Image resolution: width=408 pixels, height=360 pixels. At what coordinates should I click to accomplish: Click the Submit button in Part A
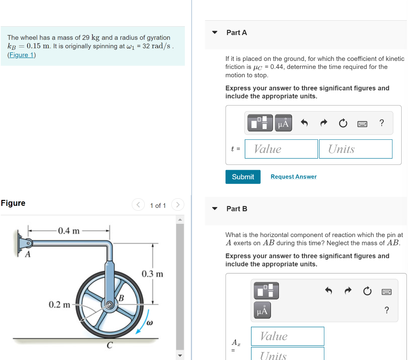[x=243, y=177]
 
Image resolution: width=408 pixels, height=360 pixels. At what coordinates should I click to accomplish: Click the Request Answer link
[x=293, y=177]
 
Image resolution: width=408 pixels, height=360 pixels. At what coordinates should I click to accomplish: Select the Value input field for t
[x=281, y=149]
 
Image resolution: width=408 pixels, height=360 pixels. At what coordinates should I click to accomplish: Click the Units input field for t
[x=355, y=149]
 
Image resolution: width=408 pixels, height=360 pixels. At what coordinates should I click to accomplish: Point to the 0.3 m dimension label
[x=152, y=274]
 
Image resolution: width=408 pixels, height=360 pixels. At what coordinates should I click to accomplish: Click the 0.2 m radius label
[x=59, y=305]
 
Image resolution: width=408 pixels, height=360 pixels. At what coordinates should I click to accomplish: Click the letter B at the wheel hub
[x=121, y=297]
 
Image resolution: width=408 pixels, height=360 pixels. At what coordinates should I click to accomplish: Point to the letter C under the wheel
[x=109, y=345]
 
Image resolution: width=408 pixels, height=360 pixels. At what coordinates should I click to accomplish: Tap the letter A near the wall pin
[x=28, y=255]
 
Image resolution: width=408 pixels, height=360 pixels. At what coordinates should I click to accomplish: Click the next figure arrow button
[x=178, y=205]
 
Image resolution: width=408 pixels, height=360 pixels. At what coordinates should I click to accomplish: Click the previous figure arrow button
[x=138, y=205]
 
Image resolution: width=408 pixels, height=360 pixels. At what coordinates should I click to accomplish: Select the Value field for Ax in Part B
[x=287, y=336]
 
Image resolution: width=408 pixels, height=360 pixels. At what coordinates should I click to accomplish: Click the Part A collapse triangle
[x=215, y=33]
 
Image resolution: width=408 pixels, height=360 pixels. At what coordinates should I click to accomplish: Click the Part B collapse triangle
[x=215, y=209]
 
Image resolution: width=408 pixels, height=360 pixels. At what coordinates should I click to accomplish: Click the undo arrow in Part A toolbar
[x=304, y=123]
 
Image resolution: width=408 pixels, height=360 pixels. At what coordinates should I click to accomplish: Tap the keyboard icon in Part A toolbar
[x=362, y=123]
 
